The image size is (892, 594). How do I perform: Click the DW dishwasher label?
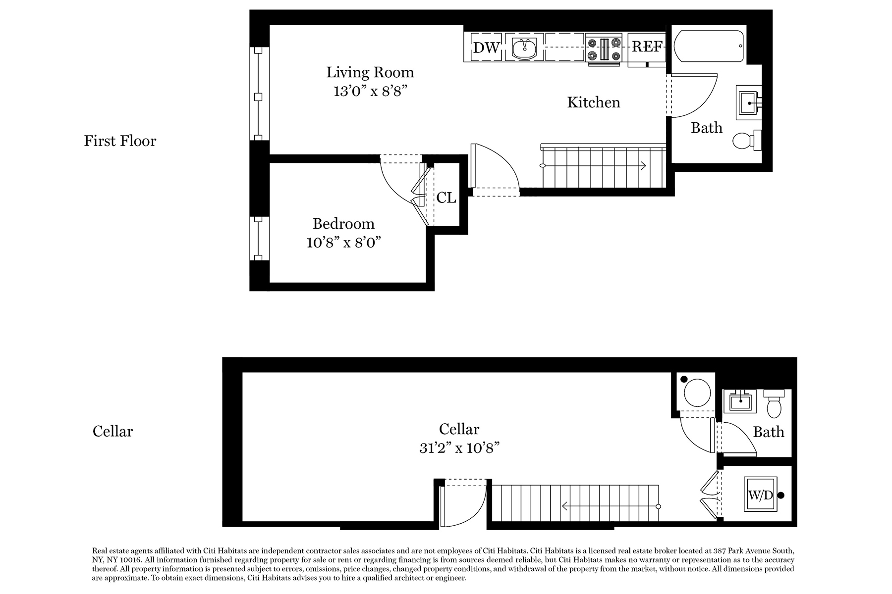tap(486, 48)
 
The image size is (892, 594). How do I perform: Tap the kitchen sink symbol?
tap(524, 48)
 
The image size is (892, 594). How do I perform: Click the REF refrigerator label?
tap(647, 47)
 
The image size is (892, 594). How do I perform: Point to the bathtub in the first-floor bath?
tap(709, 46)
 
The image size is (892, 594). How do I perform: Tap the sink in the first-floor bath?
tap(749, 102)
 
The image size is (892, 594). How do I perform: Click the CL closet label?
tap(446, 198)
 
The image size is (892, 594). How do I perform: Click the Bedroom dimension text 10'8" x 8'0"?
tap(343, 243)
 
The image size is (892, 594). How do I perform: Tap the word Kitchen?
tap(594, 102)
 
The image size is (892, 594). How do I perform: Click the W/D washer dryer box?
tap(760, 495)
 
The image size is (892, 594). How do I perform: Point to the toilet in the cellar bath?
tap(774, 403)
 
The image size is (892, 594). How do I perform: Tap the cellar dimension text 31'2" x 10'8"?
tap(459, 448)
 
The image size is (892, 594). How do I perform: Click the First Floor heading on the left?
tap(120, 141)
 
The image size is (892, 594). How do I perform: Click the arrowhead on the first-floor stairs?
tap(643, 166)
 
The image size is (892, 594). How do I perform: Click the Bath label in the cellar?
tap(769, 432)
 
